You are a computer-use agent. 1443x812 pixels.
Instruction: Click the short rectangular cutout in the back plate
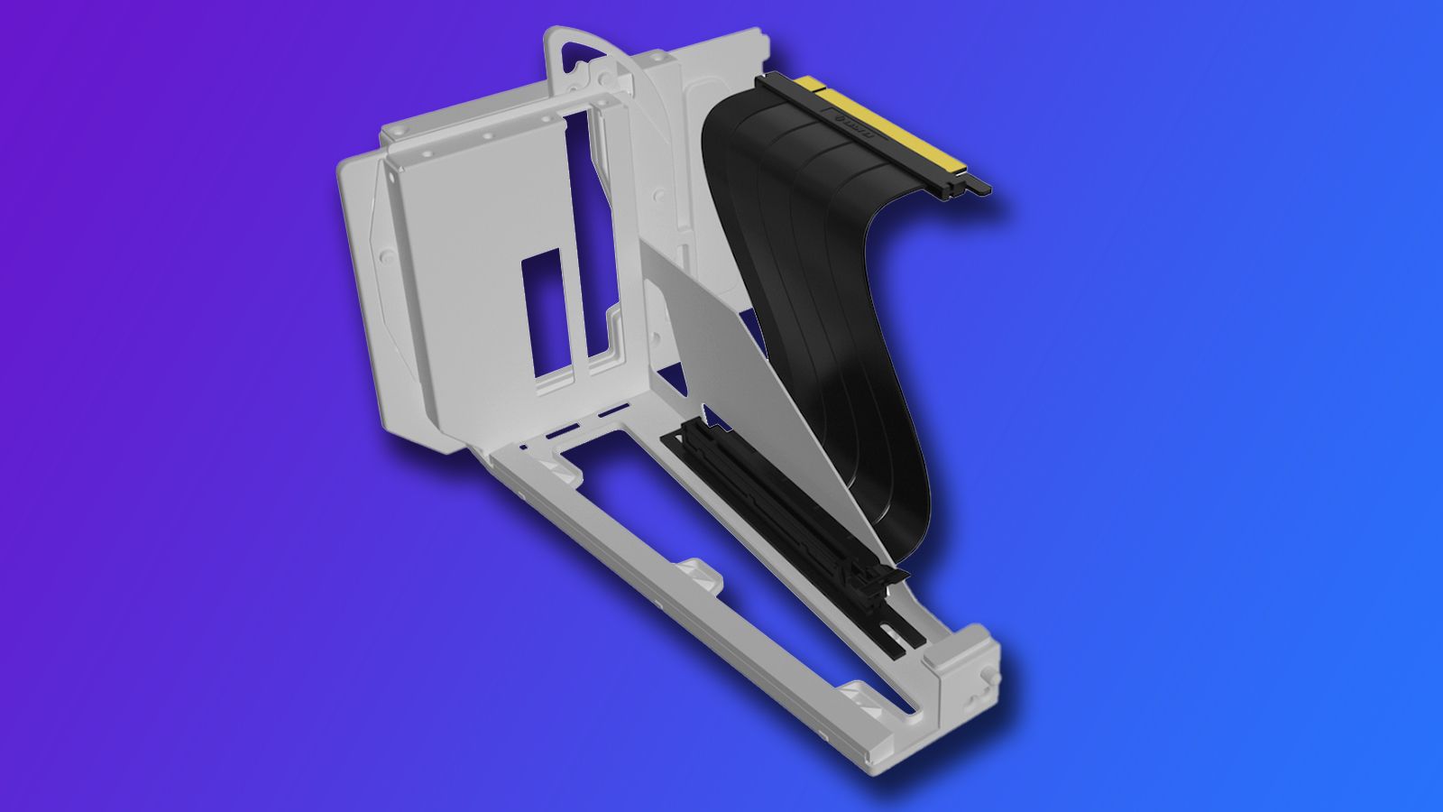[x=551, y=315]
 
